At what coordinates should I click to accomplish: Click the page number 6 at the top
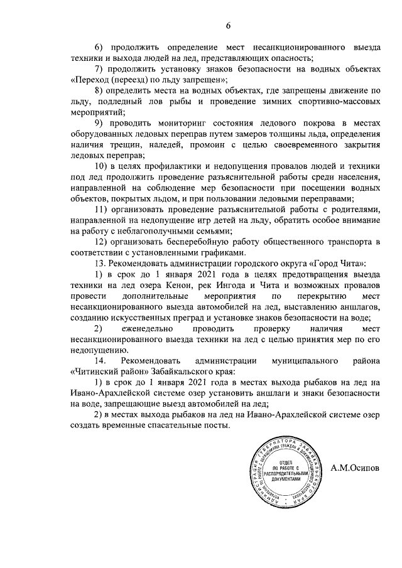229,25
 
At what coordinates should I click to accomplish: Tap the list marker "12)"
101,242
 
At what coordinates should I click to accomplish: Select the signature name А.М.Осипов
356,469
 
